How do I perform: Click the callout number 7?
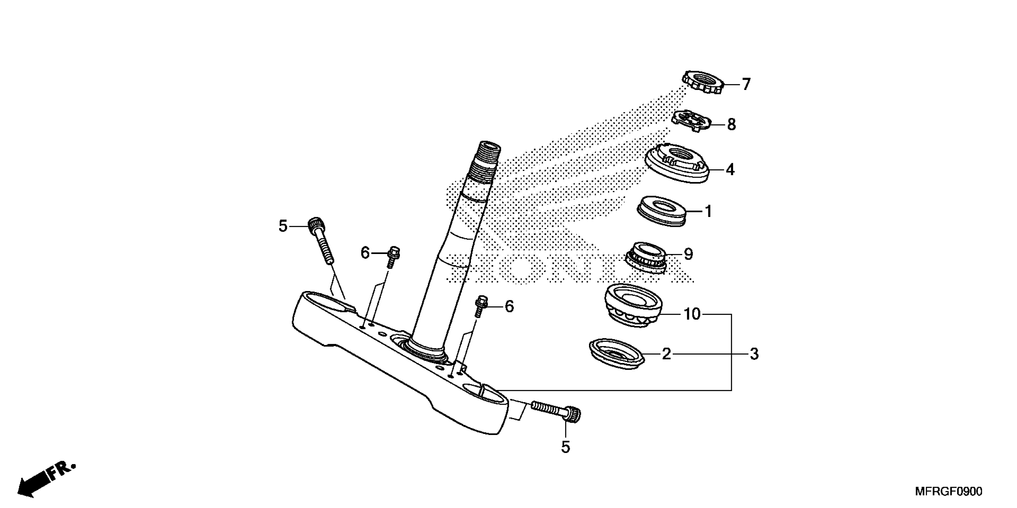[746, 84]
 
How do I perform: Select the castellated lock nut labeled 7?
[704, 82]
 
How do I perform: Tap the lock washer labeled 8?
[691, 121]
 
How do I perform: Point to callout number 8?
[731, 125]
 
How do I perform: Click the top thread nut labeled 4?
[678, 163]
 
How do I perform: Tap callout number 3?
[754, 354]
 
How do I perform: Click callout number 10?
[692, 314]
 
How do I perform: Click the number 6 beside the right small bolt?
[509, 307]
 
